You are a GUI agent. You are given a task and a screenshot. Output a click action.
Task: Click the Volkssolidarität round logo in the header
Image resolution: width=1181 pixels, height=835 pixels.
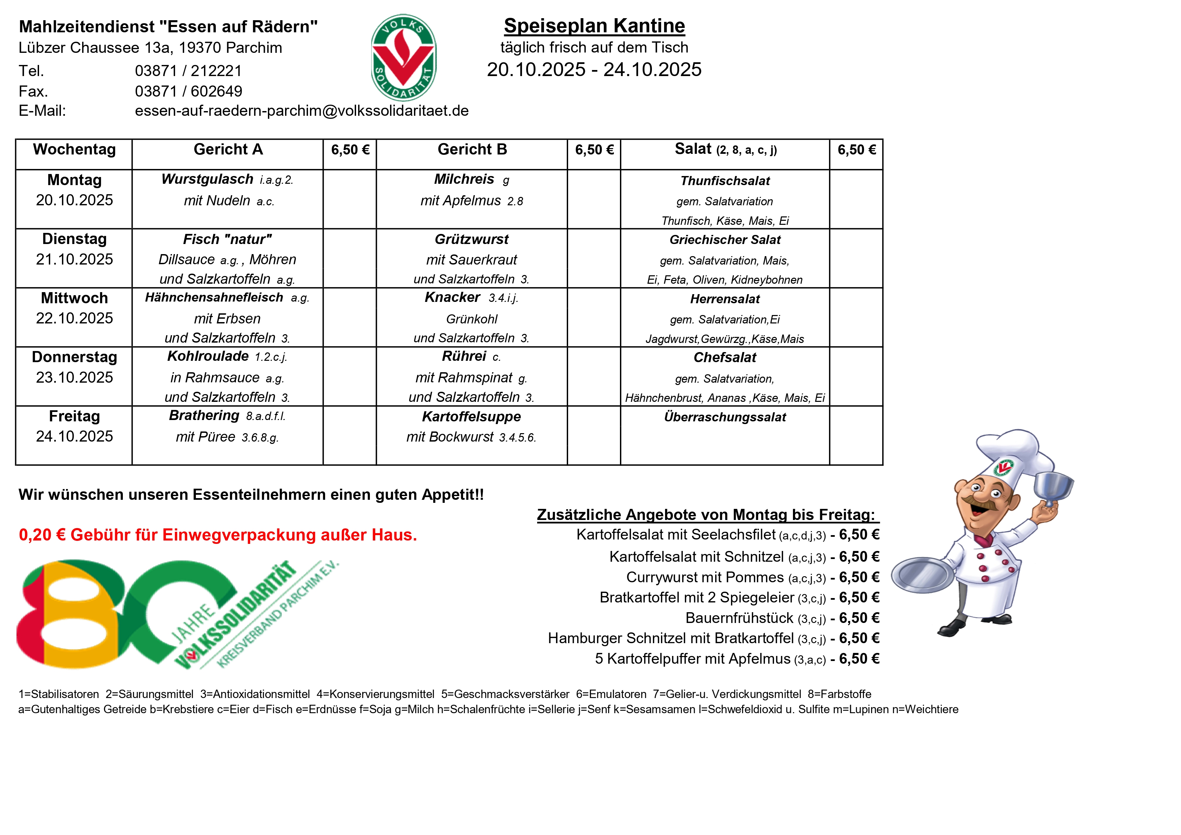click(x=404, y=58)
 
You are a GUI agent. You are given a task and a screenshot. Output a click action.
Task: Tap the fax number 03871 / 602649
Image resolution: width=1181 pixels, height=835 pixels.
click(x=188, y=91)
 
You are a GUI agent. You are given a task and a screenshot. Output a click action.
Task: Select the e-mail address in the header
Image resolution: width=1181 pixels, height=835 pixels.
click(x=302, y=111)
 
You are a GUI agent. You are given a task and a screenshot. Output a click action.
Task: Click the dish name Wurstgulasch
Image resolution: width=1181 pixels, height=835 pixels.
click(x=207, y=179)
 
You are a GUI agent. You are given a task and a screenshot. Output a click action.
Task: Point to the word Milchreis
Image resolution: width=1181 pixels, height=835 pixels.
click(x=464, y=179)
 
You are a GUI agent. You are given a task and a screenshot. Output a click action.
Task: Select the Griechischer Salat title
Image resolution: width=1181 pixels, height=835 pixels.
click(x=725, y=240)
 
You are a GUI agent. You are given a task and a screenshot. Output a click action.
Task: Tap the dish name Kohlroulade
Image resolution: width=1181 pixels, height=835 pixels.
click(x=208, y=356)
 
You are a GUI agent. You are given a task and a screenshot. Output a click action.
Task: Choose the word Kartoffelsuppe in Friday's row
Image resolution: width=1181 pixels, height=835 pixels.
click(x=471, y=416)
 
